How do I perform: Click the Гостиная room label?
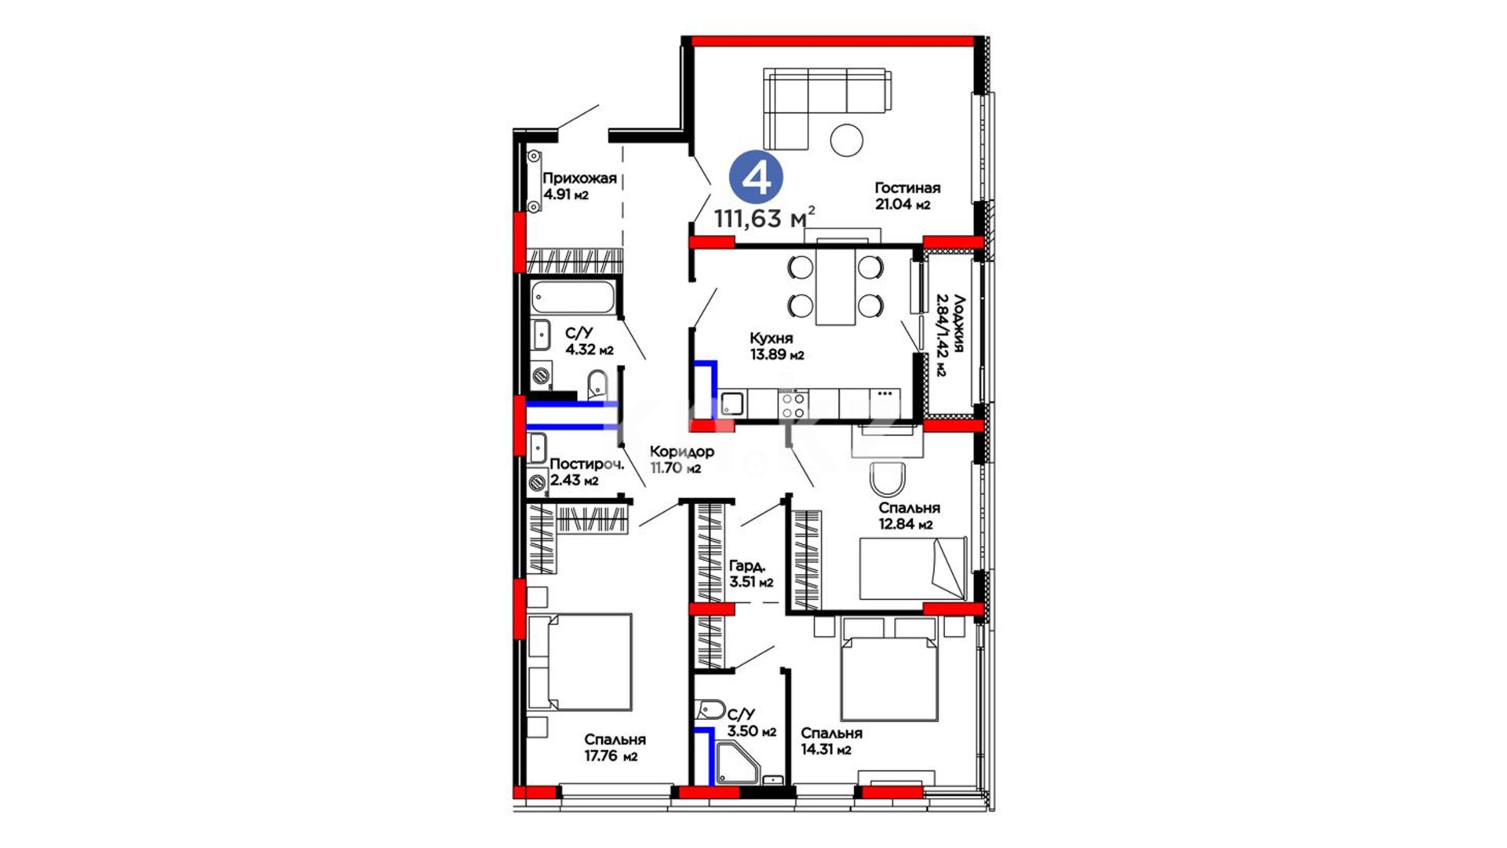[907, 188]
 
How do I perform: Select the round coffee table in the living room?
[847, 141]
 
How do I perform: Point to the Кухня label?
[771, 338]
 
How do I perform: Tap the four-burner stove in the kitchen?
[794, 404]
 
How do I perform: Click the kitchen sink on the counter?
[732, 404]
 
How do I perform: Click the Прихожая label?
[579, 178]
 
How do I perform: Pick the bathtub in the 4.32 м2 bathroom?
[573, 298]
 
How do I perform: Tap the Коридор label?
[682, 451]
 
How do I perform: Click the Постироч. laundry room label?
[586, 464]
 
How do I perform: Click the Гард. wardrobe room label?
[747, 566]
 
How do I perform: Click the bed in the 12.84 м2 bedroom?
[913, 568]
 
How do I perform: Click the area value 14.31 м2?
[826, 750]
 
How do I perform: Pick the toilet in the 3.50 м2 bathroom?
[710, 710]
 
